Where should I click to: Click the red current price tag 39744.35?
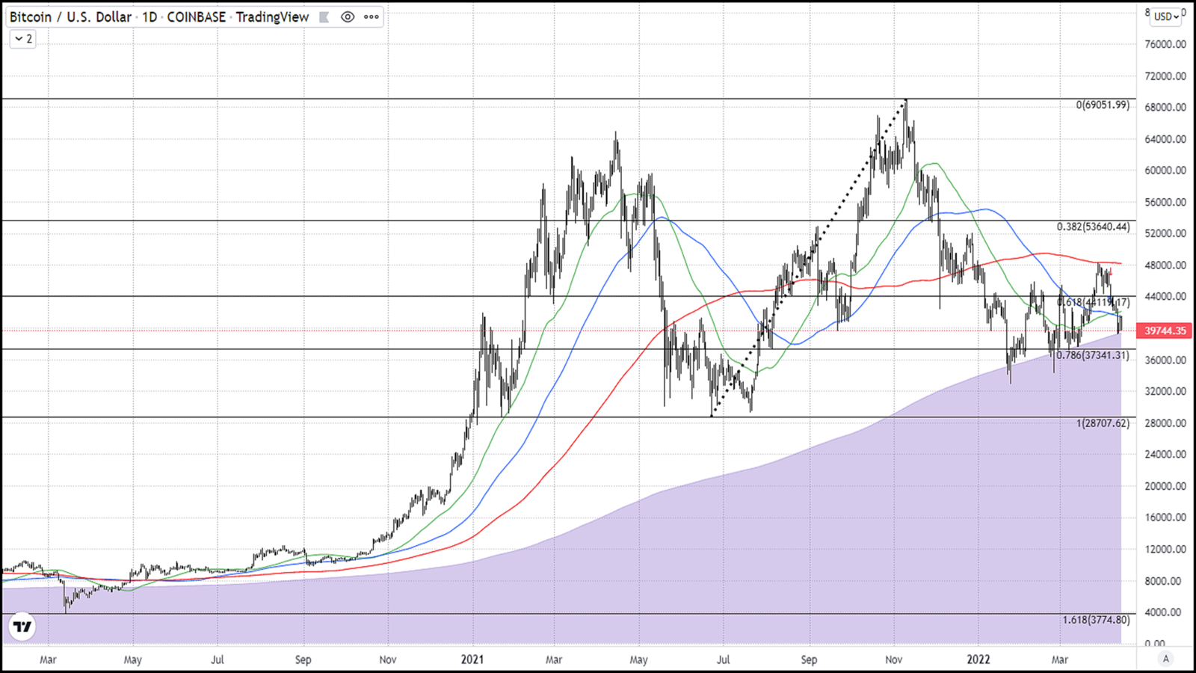click(x=1165, y=331)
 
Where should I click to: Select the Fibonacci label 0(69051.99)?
click(x=1103, y=105)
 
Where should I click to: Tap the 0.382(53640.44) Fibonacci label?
click(x=1093, y=227)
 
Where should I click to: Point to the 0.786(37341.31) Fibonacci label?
click(x=1092, y=355)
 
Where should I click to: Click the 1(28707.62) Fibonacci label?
click(x=1103, y=423)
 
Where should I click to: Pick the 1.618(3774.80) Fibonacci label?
click(x=1096, y=620)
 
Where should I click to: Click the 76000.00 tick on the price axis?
click(x=1165, y=44)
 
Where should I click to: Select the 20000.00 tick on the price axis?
click(x=1165, y=486)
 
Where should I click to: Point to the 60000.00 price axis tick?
click(x=1165, y=170)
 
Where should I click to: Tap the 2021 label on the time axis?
click(x=472, y=660)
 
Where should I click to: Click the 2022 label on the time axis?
click(x=978, y=660)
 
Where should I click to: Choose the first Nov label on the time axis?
click(x=387, y=660)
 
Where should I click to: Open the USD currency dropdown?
click(x=1166, y=16)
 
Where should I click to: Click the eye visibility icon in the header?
click(x=348, y=16)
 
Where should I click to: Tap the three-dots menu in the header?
click(x=372, y=16)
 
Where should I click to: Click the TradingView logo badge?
click(x=22, y=627)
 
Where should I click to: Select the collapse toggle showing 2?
click(x=23, y=39)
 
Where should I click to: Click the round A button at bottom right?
click(x=1165, y=659)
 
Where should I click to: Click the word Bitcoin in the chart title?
click(x=31, y=16)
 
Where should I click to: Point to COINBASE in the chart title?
click(x=196, y=16)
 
